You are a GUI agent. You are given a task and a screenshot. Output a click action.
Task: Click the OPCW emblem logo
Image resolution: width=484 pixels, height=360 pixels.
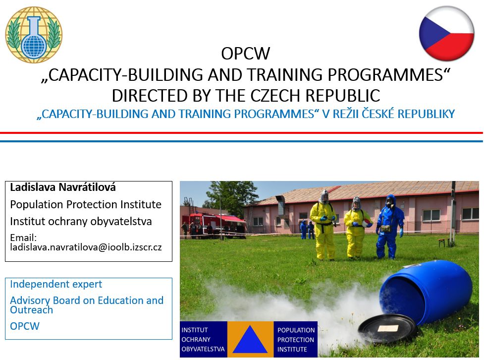point(34,35)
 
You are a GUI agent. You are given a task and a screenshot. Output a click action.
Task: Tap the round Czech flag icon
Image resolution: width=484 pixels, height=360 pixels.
point(447,33)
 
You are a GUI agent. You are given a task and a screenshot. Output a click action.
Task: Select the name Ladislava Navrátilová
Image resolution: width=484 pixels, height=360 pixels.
point(63,188)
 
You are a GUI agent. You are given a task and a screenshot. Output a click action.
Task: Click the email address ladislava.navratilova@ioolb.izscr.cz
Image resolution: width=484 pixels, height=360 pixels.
point(86,246)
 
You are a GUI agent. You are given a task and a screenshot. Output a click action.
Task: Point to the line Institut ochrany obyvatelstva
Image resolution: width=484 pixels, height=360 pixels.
point(81,221)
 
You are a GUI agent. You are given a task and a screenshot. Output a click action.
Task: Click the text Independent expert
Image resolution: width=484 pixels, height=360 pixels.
point(56,284)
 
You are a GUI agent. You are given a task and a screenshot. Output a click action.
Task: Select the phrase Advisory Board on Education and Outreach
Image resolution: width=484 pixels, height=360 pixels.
point(86,305)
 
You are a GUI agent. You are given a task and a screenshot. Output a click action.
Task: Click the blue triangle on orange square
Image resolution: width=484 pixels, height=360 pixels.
point(250,340)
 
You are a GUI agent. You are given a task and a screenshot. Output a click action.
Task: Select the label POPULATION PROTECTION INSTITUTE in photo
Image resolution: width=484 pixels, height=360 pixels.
point(296,340)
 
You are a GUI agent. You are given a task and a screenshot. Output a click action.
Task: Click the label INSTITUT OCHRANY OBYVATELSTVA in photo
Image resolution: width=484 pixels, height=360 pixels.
point(203,340)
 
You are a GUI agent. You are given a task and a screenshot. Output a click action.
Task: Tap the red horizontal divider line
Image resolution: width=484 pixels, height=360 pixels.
point(242,133)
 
